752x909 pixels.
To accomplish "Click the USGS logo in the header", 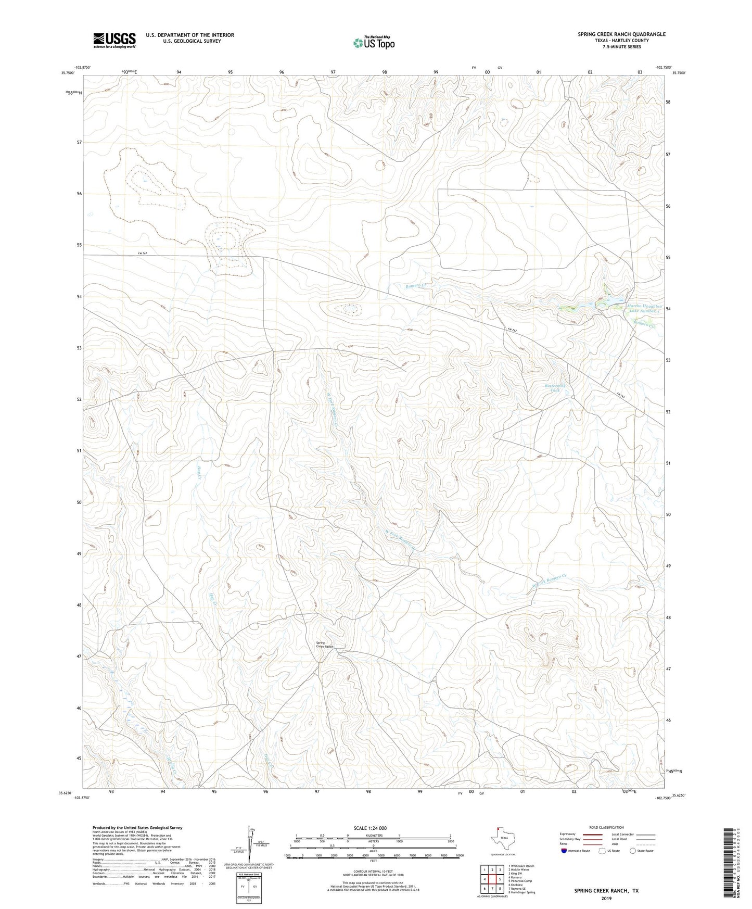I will point(114,40).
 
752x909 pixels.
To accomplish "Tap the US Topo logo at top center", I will point(373,43).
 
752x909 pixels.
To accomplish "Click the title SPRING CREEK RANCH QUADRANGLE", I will point(621,34).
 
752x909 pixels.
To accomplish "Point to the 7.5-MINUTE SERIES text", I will point(621,47).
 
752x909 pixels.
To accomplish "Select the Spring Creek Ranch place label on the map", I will point(324,645).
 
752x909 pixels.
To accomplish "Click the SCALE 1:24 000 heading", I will point(370,828).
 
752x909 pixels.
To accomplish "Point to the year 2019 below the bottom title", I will point(606,898).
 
